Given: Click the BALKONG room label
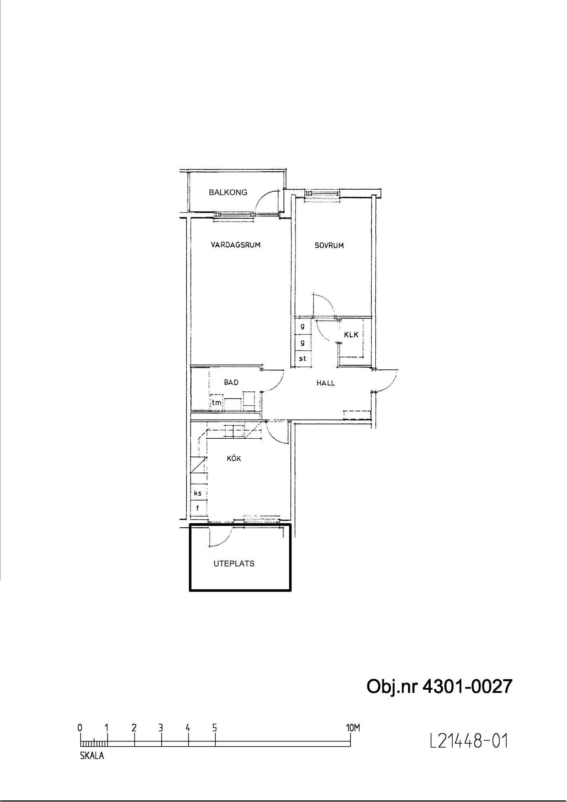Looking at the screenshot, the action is [x=228, y=192].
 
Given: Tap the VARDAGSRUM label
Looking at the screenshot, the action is [x=236, y=245].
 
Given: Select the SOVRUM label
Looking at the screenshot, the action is [x=329, y=245].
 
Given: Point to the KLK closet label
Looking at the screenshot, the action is [x=351, y=334].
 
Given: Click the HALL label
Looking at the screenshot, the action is [x=326, y=383].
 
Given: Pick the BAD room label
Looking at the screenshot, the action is [x=231, y=382].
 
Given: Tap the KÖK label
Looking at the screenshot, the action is [x=234, y=458].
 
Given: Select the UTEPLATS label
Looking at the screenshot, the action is [x=234, y=563].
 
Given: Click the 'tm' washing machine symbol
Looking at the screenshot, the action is [x=217, y=402].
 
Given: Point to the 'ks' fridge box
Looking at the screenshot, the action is [x=198, y=493].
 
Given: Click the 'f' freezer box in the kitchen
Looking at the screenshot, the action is [x=198, y=508].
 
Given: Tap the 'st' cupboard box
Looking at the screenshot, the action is [x=303, y=358].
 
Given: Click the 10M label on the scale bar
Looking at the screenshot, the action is [x=353, y=727].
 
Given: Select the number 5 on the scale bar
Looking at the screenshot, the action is [x=215, y=727].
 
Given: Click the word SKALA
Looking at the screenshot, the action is [x=92, y=755].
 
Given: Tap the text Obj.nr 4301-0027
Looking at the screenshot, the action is [x=439, y=687].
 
